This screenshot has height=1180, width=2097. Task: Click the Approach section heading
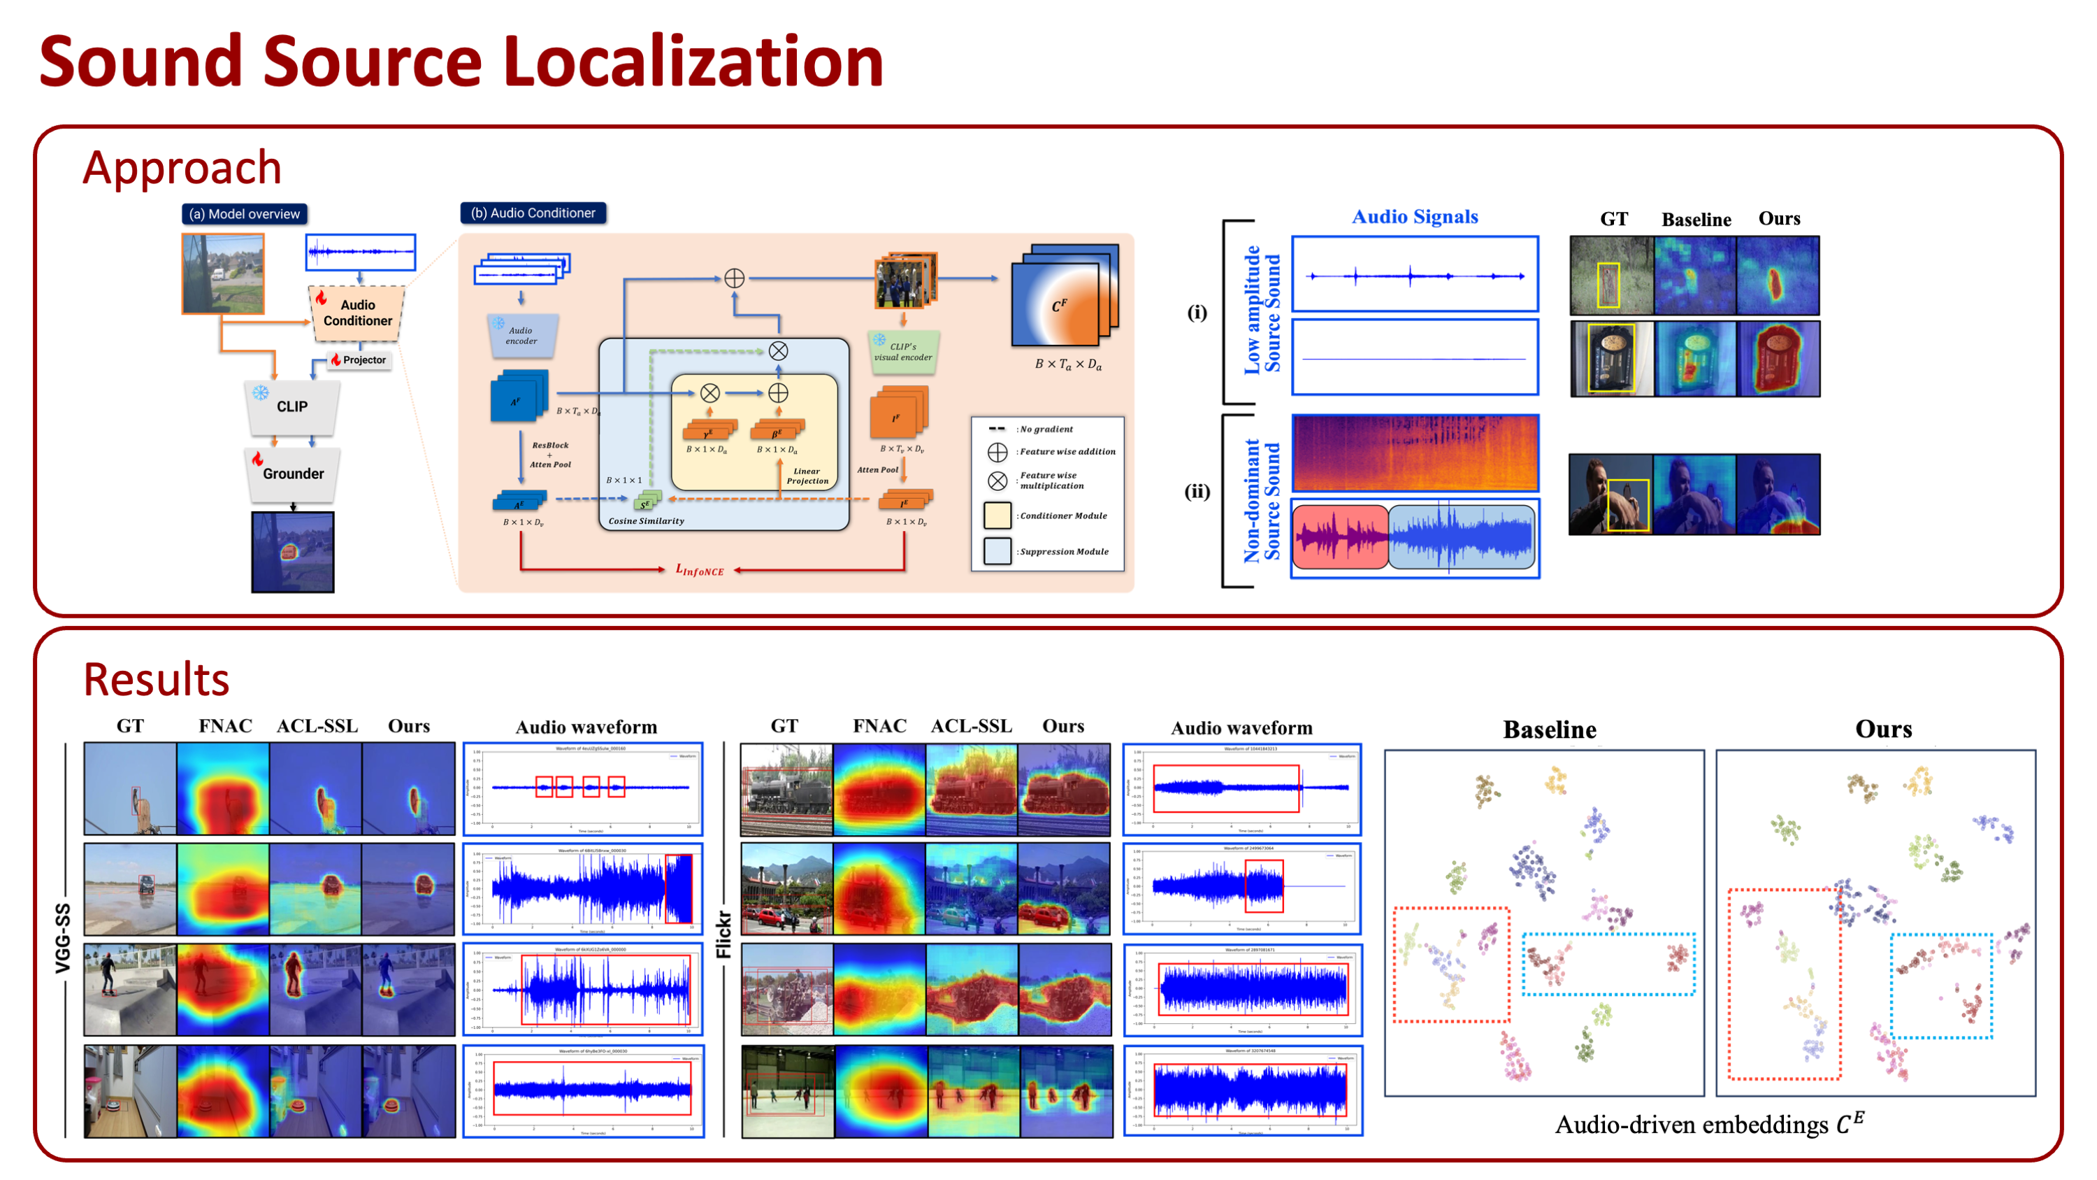[182, 168]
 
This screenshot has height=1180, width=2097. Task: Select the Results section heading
[157, 679]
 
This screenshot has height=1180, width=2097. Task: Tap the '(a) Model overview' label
[244, 214]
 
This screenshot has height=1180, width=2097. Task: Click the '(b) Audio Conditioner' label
[533, 213]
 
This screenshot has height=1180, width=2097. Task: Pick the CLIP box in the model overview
[292, 406]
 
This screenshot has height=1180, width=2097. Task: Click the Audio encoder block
[522, 336]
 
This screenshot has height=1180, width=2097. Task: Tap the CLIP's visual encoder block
[903, 352]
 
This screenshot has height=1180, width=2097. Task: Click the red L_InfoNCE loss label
[699, 570]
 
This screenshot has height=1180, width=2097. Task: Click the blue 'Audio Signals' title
[1415, 217]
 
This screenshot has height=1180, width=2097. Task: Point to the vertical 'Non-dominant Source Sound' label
[1262, 501]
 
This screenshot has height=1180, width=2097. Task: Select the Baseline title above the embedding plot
[1549, 730]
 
